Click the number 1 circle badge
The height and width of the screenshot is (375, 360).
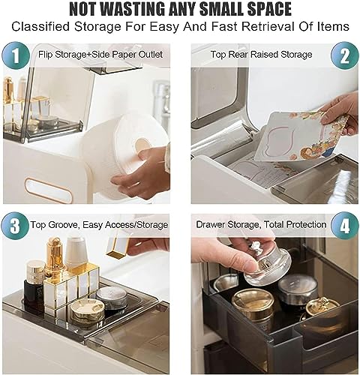tap(16, 55)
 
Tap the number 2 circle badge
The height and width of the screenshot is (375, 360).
tap(344, 55)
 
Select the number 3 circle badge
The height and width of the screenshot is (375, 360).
tap(15, 226)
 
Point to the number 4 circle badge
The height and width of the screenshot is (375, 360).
tap(345, 226)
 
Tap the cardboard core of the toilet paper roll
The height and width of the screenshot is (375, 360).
tap(142, 145)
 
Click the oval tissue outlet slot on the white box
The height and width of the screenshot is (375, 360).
tap(48, 190)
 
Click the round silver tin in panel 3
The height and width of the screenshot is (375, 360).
tap(112, 297)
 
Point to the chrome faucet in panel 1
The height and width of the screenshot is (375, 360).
tap(162, 99)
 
